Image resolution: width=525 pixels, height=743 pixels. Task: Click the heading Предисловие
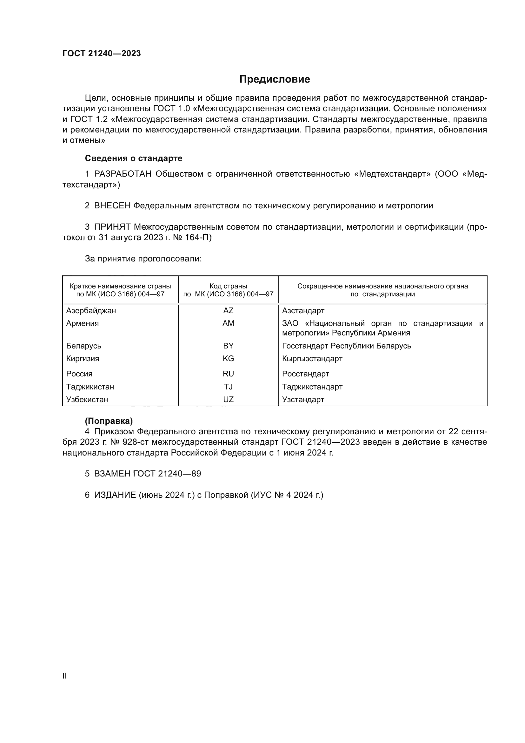tap(275, 79)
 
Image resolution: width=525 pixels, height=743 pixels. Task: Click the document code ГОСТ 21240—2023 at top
tap(102, 53)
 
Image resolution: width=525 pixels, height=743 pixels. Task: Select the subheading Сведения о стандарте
tap(134, 158)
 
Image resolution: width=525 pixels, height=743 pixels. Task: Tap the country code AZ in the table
tap(228, 311)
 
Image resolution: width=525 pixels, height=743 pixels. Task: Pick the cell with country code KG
tap(228, 359)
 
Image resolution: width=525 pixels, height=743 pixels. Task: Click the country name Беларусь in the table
tap(84, 346)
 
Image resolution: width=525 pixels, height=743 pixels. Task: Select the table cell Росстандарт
tap(305, 374)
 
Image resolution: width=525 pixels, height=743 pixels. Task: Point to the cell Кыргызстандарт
tap(312, 359)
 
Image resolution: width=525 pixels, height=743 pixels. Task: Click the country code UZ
tap(228, 399)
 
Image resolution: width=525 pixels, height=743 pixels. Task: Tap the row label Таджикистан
tap(90, 387)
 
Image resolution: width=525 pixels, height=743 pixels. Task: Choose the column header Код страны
tap(228, 286)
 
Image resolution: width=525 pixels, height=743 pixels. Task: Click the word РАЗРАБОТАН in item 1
tap(123, 174)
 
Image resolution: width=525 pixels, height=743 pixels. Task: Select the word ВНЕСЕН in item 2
tap(112, 206)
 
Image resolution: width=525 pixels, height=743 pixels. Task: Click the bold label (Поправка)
tap(109, 421)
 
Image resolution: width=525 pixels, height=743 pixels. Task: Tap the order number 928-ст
tap(136, 442)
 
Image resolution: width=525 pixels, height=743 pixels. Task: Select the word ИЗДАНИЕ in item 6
tap(115, 495)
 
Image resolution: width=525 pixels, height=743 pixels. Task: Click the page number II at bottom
tap(65, 676)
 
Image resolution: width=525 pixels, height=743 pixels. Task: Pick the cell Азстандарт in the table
tap(303, 311)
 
